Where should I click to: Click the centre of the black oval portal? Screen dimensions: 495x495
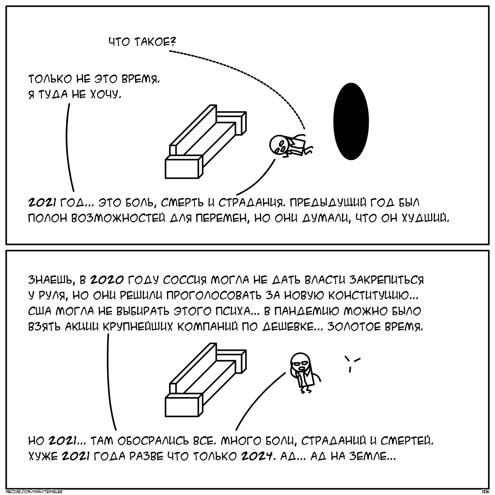click(x=351, y=121)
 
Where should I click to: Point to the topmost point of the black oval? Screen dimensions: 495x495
click(x=351, y=83)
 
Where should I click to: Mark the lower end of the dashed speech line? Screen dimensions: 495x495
click(x=304, y=129)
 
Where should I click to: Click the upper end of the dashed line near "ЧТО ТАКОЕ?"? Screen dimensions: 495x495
click(x=170, y=51)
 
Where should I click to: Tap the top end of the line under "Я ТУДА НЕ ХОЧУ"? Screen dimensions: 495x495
click(x=69, y=104)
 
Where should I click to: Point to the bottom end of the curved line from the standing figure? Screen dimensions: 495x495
click(x=236, y=430)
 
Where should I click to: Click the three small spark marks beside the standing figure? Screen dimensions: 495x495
click(x=352, y=363)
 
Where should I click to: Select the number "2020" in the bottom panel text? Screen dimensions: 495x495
click(x=107, y=280)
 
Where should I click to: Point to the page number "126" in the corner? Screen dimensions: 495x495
click(x=485, y=491)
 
